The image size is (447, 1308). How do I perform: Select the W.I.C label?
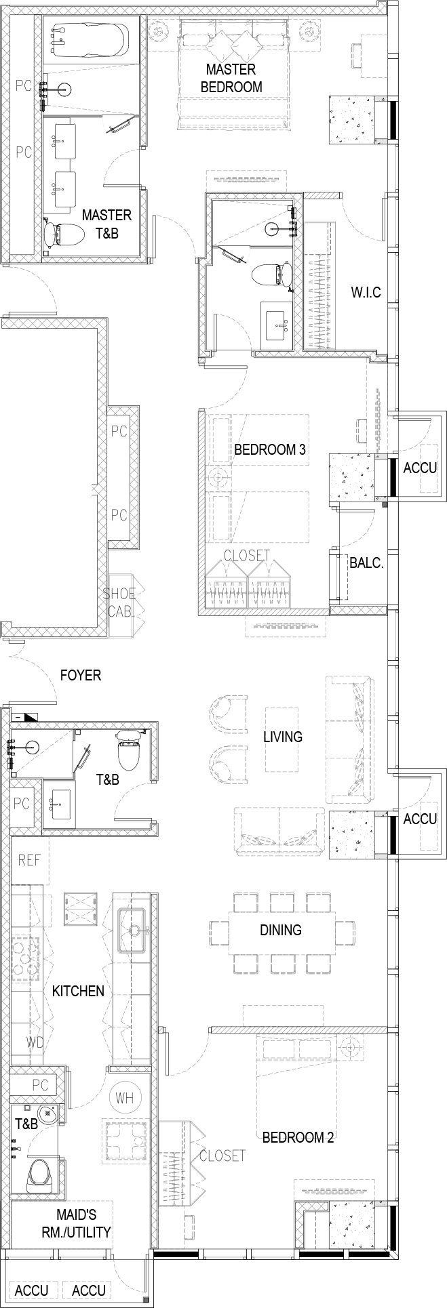366,293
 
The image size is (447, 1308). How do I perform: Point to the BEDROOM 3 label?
269,449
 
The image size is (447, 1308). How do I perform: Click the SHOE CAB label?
120,602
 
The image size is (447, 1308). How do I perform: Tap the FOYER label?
81,675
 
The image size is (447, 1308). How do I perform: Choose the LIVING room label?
283,737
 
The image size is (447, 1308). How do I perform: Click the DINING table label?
281,930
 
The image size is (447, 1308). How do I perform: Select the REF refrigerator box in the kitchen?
30,861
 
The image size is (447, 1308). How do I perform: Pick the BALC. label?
367,562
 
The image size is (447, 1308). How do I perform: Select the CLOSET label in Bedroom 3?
247,556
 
